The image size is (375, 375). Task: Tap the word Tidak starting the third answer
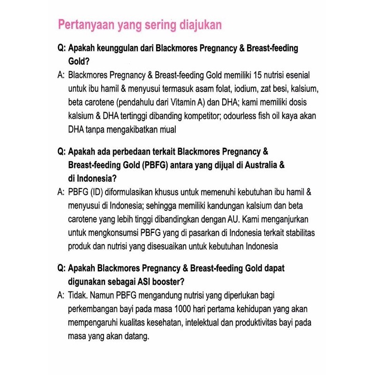[77, 296]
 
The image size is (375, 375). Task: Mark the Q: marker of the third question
[61, 269]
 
